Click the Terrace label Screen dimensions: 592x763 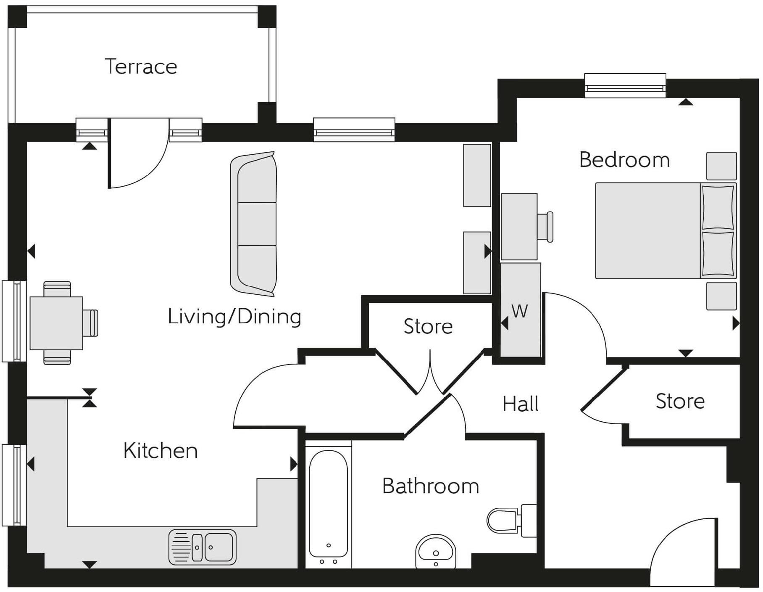[x=141, y=67]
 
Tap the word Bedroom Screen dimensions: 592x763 [x=624, y=160]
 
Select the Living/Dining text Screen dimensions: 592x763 [x=234, y=317]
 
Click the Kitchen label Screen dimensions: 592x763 [x=160, y=451]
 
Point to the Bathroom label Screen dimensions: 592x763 [x=430, y=486]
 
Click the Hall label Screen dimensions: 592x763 [x=520, y=404]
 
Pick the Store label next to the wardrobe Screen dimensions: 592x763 [x=428, y=327]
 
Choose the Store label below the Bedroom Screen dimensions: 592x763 [x=680, y=402]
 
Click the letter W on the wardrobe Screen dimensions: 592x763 [x=520, y=312]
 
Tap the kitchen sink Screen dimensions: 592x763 [x=203, y=547]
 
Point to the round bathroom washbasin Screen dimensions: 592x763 [x=436, y=551]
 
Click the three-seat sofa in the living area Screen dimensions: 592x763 [x=254, y=224]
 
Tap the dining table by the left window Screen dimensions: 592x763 [x=56, y=323]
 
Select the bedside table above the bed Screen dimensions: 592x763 [x=721, y=166]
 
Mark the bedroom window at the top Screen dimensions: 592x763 [x=625, y=86]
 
